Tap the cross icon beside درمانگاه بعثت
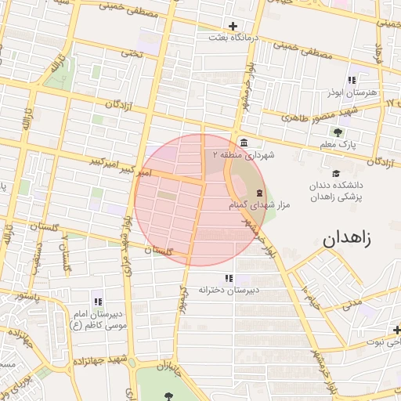(233, 26)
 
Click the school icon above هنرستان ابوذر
(352, 80)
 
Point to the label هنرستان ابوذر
(352, 92)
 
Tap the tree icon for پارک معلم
(338, 132)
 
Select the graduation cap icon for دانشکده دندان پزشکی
(336, 174)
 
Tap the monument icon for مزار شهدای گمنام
(257, 193)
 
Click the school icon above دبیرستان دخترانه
(229, 278)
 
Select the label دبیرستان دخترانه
(229, 290)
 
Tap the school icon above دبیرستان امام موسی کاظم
(98, 302)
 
